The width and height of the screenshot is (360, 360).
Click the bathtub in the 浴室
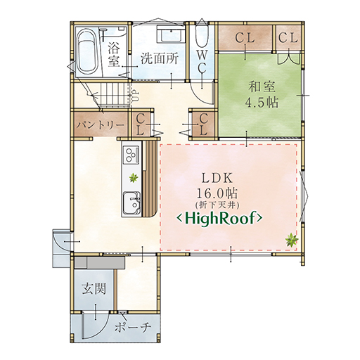click(x=86, y=53)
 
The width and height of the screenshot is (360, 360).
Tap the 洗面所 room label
click(x=160, y=59)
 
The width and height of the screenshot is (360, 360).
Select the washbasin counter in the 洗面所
click(x=171, y=34)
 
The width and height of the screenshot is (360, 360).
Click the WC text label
click(x=202, y=62)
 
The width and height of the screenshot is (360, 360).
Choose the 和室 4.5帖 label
click(x=262, y=94)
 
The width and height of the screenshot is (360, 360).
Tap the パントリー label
click(x=100, y=125)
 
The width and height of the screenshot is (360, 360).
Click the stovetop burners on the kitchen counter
click(x=131, y=154)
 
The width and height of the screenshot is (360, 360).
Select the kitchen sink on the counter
click(x=131, y=203)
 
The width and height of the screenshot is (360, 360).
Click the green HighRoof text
click(x=219, y=219)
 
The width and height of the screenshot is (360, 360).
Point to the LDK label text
click(x=217, y=179)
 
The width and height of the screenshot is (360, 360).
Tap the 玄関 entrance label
click(x=94, y=289)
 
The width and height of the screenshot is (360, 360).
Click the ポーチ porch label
click(x=132, y=327)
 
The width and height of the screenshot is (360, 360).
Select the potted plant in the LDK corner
click(x=292, y=240)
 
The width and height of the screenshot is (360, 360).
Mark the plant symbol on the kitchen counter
click(x=134, y=178)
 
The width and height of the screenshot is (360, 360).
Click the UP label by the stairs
click(x=136, y=96)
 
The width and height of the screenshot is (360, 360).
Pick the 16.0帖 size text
click(x=217, y=194)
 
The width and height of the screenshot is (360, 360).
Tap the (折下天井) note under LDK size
click(x=217, y=205)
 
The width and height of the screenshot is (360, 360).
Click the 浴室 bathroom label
click(x=114, y=55)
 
